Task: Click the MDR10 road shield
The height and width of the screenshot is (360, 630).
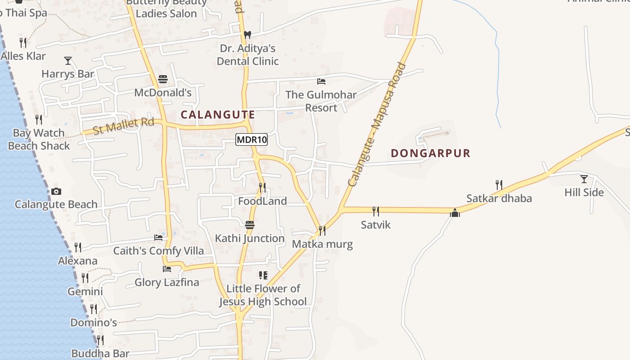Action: coord(252,139)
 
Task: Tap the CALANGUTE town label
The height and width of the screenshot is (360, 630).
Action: coord(218,115)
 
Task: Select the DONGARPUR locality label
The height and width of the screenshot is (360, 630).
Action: coord(430,153)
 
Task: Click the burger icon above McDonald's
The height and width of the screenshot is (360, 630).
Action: coord(163,80)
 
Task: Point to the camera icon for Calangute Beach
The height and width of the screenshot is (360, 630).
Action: coord(56,191)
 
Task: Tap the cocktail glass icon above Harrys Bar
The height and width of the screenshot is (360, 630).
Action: coord(68,60)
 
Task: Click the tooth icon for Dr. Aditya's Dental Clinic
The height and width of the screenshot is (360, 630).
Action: coord(247,35)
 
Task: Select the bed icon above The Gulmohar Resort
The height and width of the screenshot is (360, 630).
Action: coord(321,81)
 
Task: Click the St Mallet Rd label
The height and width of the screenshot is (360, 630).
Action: coord(123,126)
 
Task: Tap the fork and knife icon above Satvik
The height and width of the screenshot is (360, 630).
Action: coord(376,211)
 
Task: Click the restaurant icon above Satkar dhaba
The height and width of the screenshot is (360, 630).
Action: coord(499,184)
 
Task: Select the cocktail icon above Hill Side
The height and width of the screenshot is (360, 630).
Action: coord(584,179)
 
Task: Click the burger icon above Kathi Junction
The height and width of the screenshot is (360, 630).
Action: coord(250,225)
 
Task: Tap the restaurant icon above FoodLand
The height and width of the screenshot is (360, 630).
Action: coord(262,187)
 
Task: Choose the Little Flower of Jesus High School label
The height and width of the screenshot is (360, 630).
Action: coord(263,295)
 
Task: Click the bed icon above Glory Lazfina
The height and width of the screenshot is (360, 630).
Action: coord(167,269)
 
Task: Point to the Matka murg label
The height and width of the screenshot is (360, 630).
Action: coord(322,244)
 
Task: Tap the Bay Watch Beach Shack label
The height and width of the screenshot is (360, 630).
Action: coord(39,139)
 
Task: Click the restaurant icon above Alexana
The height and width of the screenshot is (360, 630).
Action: coord(78,247)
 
